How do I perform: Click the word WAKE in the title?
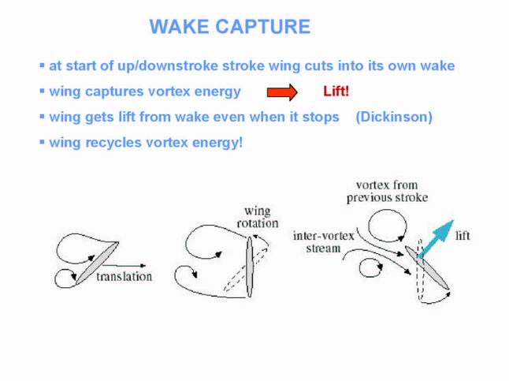pyautogui.click(x=179, y=27)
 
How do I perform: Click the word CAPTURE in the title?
pyautogui.click(x=263, y=27)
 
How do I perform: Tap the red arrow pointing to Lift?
pyautogui.click(x=282, y=92)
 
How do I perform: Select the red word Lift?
pyautogui.click(x=336, y=92)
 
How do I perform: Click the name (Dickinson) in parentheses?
pyautogui.click(x=394, y=117)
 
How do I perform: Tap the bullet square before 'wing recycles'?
pyautogui.click(x=42, y=142)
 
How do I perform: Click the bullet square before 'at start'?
pyautogui.click(x=42, y=65)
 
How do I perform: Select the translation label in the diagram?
pyautogui.click(x=124, y=277)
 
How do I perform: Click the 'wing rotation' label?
pyautogui.click(x=258, y=217)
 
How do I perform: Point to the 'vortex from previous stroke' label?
pyautogui.click(x=387, y=192)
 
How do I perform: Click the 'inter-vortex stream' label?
pyautogui.click(x=323, y=242)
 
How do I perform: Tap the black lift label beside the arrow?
pyautogui.click(x=463, y=236)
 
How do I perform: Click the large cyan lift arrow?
pyautogui.click(x=436, y=238)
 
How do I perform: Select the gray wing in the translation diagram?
pyautogui.click(x=97, y=263)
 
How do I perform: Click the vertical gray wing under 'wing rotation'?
pyautogui.click(x=249, y=267)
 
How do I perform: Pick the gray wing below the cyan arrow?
pyautogui.click(x=427, y=267)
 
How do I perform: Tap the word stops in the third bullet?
pyautogui.click(x=321, y=118)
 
